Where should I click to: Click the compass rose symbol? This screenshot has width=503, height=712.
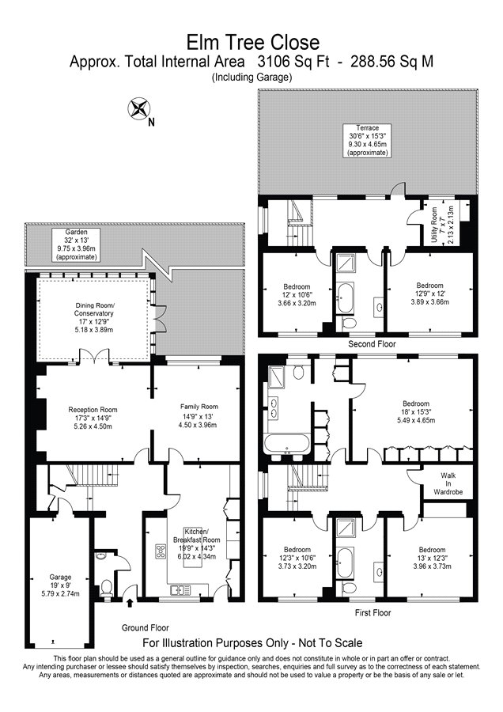click(138, 109)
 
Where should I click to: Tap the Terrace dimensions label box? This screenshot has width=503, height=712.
click(367, 140)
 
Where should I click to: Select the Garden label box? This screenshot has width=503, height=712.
click(76, 244)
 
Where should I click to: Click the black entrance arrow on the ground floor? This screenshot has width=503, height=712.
click(130, 603)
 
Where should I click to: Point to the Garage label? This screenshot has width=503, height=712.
click(60, 585)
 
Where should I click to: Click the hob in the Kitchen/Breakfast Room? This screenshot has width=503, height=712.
click(161, 551)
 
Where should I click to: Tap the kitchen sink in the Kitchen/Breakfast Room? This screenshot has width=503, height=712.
click(180, 590)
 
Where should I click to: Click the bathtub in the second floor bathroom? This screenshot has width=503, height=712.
click(345, 297)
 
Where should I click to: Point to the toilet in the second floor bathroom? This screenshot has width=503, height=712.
click(348, 323)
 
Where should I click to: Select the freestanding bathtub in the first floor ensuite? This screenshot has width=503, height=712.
click(287, 445)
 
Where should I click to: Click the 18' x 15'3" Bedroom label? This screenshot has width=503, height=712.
click(416, 412)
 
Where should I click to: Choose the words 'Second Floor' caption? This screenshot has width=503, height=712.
click(372, 344)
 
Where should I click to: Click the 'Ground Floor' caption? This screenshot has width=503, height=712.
click(146, 627)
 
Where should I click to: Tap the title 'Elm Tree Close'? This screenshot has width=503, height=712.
click(253, 42)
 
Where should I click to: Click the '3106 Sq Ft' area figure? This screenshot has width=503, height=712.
click(293, 61)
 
